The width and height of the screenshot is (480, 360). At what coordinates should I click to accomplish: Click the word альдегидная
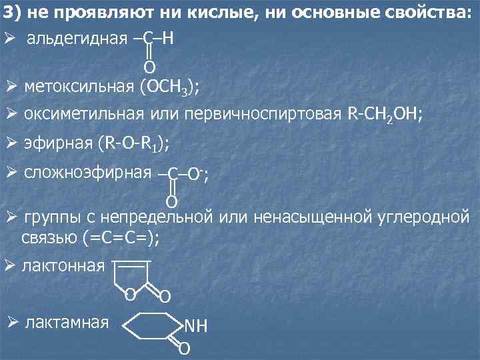pyautogui.click(x=77, y=39)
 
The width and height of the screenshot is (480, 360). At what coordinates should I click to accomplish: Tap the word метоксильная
pyautogui.click(x=78, y=87)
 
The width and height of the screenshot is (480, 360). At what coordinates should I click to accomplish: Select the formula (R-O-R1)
pyautogui.click(x=133, y=143)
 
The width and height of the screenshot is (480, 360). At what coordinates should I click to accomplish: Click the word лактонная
pyautogui.click(x=63, y=266)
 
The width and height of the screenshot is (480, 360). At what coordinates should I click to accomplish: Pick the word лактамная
pyautogui.click(x=66, y=323)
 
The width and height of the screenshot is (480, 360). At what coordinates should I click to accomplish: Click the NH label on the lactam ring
pyautogui.click(x=196, y=326)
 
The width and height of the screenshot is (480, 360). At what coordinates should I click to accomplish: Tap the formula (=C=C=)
pyautogui.click(x=125, y=237)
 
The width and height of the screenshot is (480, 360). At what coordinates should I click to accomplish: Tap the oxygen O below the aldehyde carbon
pyautogui.click(x=149, y=67)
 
